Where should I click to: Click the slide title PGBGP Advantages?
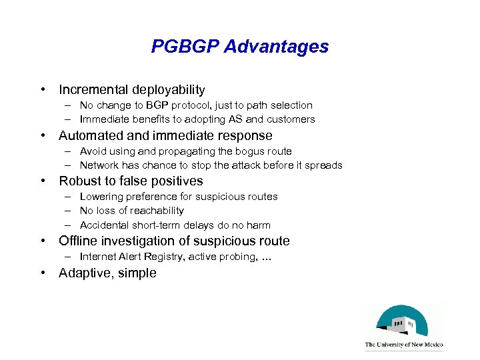tap(240, 47)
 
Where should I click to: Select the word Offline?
tap(78, 241)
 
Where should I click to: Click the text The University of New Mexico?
tap(403, 345)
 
